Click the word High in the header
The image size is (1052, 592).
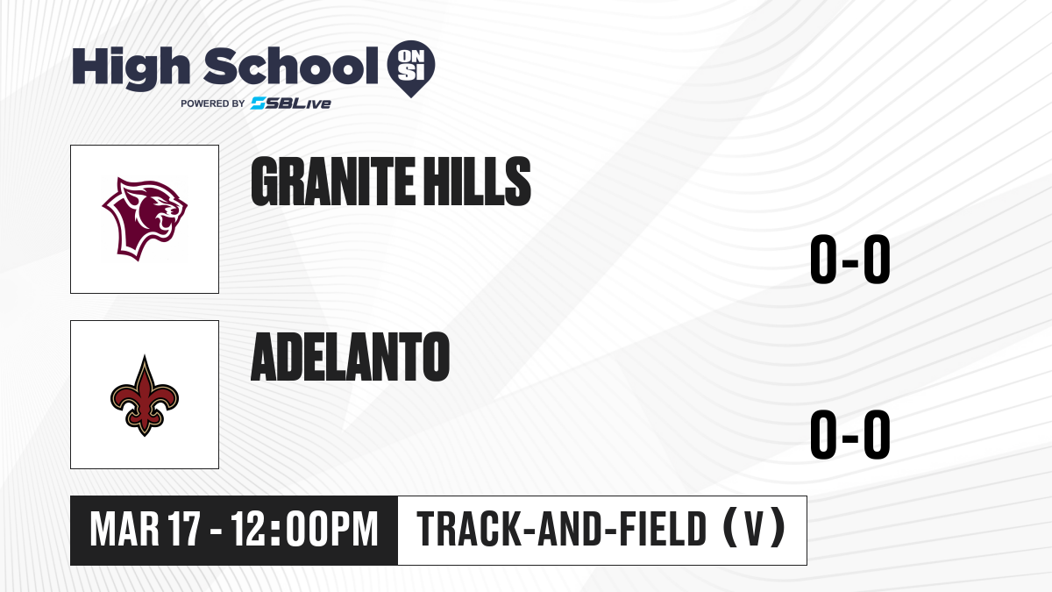(x=131, y=68)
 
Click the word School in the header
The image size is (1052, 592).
(x=291, y=66)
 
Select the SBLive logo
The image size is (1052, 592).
(x=291, y=103)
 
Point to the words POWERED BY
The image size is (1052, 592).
(x=213, y=103)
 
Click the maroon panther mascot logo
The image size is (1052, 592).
(x=145, y=219)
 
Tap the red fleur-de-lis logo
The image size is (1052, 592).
(x=145, y=396)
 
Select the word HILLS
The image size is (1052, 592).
(x=475, y=182)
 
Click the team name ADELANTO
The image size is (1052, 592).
(x=351, y=357)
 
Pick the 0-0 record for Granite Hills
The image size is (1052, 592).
(x=850, y=259)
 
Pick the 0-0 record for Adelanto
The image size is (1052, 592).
(x=850, y=434)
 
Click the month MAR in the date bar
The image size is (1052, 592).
(x=124, y=529)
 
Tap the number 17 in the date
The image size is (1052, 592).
(x=185, y=529)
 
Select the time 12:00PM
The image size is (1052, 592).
(x=305, y=529)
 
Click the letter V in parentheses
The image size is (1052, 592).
(x=754, y=529)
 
